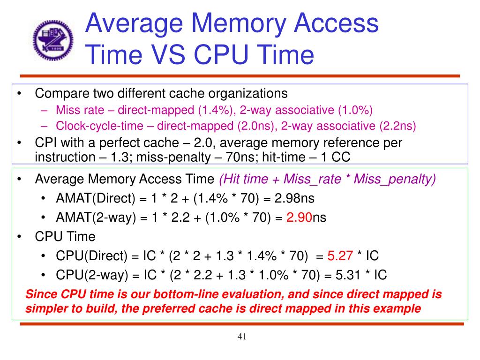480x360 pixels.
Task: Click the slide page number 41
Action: pyautogui.click(x=242, y=337)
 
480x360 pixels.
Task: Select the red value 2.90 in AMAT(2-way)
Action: pyautogui.click(x=299, y=217)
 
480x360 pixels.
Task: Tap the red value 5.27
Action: pyautogui.click(x=340, y=255)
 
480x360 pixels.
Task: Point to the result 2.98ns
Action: pyautogui.click(x=294, y=198)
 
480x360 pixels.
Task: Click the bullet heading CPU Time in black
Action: pyautogui.click(x=65, y=237)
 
